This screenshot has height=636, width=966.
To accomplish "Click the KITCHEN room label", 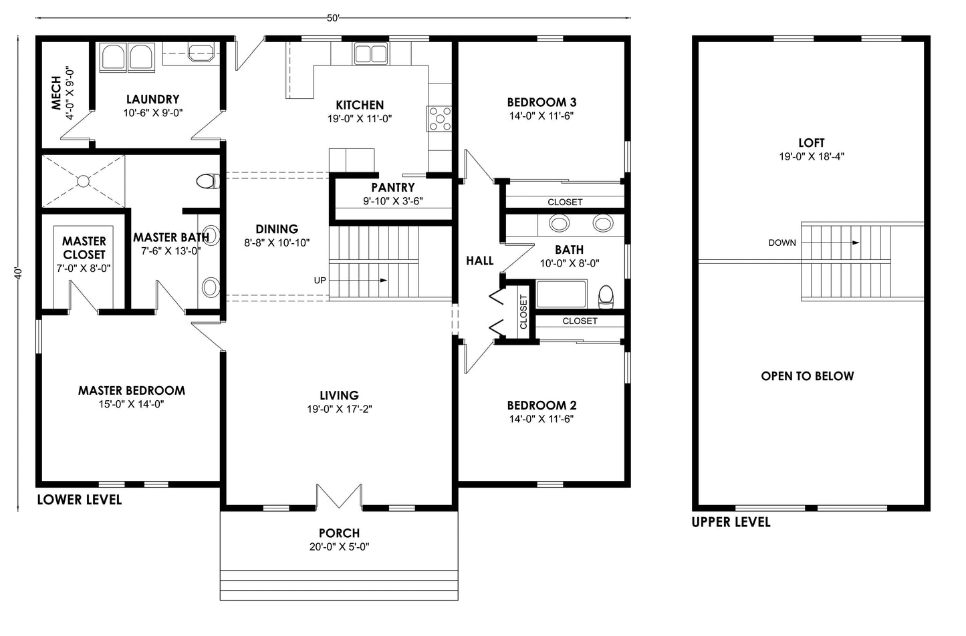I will pyautogui.click(x=359, y=105).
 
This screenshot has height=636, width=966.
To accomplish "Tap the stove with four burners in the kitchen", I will pyautogui.click(x=439, y=119).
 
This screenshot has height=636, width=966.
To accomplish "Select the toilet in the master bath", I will pyautogui.click(x=209, y=181).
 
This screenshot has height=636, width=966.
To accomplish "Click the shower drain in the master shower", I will pyautogui.click(x=83, y=181).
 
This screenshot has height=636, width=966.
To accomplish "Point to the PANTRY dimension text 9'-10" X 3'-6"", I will pyautogui.click(x=392, y=201).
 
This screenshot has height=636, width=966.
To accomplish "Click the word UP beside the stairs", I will pyautogui.click(x=320, y=280).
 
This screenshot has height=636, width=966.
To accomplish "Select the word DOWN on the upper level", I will pyautogui.click(x=781, y=243).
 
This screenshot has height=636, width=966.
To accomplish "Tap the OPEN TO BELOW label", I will pyautogui.click(x=807, y=376).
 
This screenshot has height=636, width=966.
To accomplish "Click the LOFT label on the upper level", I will pyautogui.click(x=811, y=143).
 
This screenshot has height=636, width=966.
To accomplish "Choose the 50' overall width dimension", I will pyautogui.click(x=333, y=18).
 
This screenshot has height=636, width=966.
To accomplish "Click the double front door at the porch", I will pyautogui.click(x=338, y=498).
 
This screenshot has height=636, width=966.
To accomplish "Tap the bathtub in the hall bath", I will pyautogui.click(x=562, y=295).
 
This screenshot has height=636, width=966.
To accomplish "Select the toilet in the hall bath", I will pyautogui.click(x=606, y=296).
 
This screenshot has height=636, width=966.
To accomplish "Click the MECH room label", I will pyautogui.click(x=56, y=93).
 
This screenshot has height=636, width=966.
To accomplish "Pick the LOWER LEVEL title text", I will pyautogui.click(x=79, y=500).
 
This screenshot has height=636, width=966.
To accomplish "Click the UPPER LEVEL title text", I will pyautogui.click(x=731, y=522).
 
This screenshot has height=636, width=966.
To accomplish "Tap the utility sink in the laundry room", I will pyautogui.click(x=201, y=52).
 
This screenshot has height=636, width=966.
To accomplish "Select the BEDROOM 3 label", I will pyautogui.click(x=541, y=102).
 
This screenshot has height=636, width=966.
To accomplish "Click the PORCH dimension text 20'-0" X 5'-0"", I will pyautogui.click(x=339, y=547).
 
